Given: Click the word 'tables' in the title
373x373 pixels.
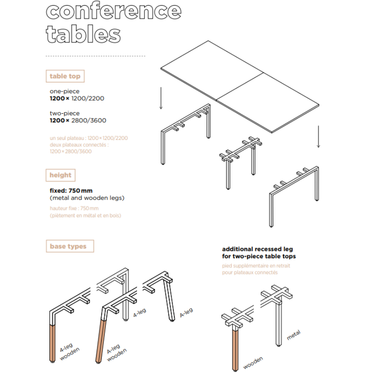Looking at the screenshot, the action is (x=83, y=34).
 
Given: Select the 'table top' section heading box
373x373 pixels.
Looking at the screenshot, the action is (x=65, y=76).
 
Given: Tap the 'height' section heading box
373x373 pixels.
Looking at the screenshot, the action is (x=61, y=175).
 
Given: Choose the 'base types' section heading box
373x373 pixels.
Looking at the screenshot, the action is (x=69, y=246).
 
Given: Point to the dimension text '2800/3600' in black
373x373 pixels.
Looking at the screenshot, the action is (x=89, y=120).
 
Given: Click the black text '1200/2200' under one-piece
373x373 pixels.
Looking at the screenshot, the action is (x=88, y=98).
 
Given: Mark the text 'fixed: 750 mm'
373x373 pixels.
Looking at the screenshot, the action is (x=71, y=191).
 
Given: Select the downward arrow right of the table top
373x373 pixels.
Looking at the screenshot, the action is (x=318, y=137).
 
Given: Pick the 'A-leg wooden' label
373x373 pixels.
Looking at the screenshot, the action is (x=117, y=353).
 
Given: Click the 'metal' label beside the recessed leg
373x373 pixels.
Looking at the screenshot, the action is (x=294, y=335).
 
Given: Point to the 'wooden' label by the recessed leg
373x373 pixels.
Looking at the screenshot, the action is (x=253, y=363).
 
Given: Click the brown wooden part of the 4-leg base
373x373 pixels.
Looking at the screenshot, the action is (x=53, y=343).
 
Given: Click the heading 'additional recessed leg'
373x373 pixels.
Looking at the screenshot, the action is (x=257, y=249).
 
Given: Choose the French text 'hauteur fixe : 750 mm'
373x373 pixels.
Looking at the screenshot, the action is (x=74, y=208).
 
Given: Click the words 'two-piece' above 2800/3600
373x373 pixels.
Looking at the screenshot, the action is (x=64, y=113).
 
